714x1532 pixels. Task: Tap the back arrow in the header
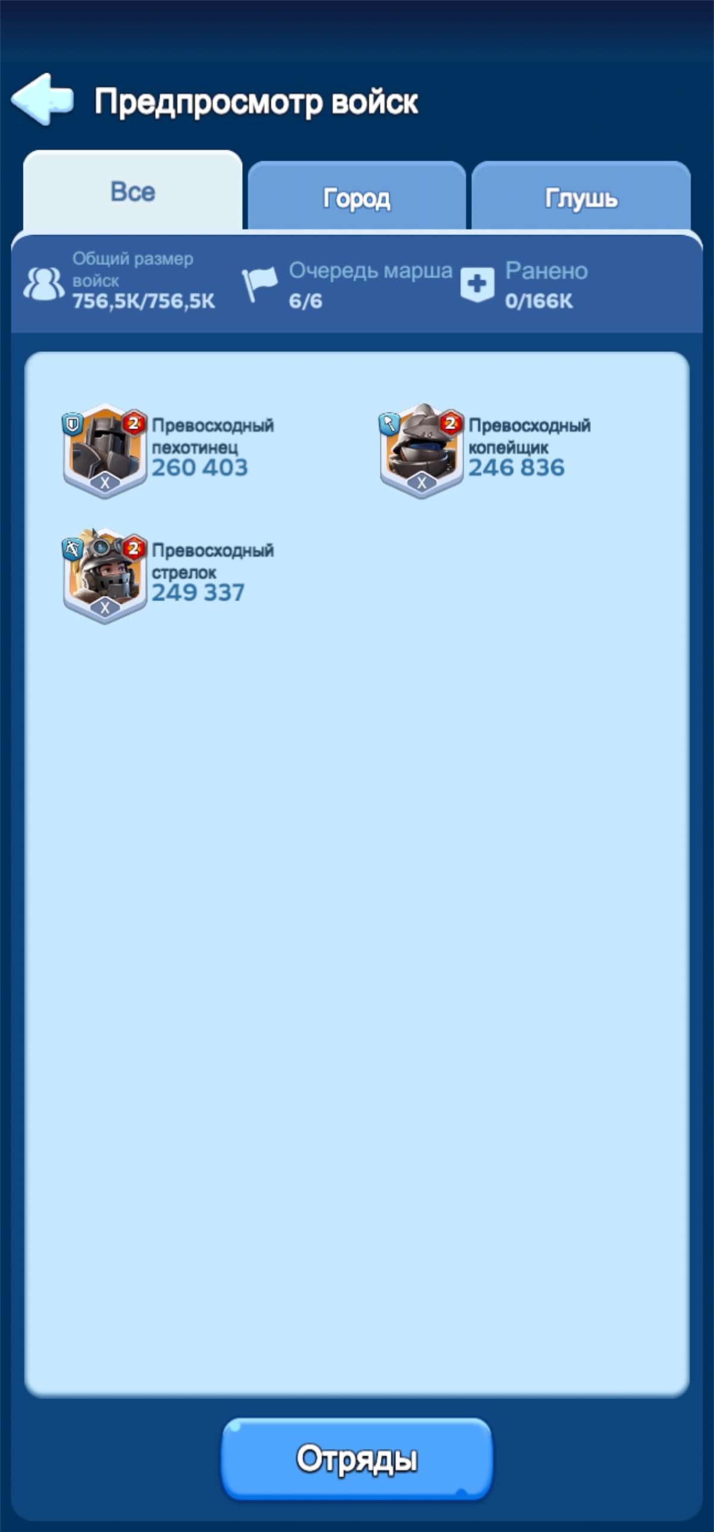(x=42, y=99)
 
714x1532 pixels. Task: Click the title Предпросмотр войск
(x=256, y=102)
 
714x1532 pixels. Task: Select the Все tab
(x=133, y=192)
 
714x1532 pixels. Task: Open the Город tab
(x=356, y=198)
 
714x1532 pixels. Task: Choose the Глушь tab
(x=581, y=198)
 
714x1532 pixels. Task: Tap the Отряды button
(x=357, y=1458)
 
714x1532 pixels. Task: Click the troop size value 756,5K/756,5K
(x=143, y=301)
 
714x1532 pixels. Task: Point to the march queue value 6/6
(x=305, y=301)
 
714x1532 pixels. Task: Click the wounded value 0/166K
(x=539, y=301)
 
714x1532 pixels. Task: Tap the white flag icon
(x=259, y=283)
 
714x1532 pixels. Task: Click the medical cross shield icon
(x=477, y=284)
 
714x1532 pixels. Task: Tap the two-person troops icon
(x=44, y=283)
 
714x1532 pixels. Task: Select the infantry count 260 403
(x=199, y=468)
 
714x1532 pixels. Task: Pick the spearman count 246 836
(x=516, y=468)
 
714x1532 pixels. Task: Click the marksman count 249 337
(x=198, y=593)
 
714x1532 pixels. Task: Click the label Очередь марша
(x=371, y=272)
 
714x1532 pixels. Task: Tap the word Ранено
(x=546, y=271)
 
